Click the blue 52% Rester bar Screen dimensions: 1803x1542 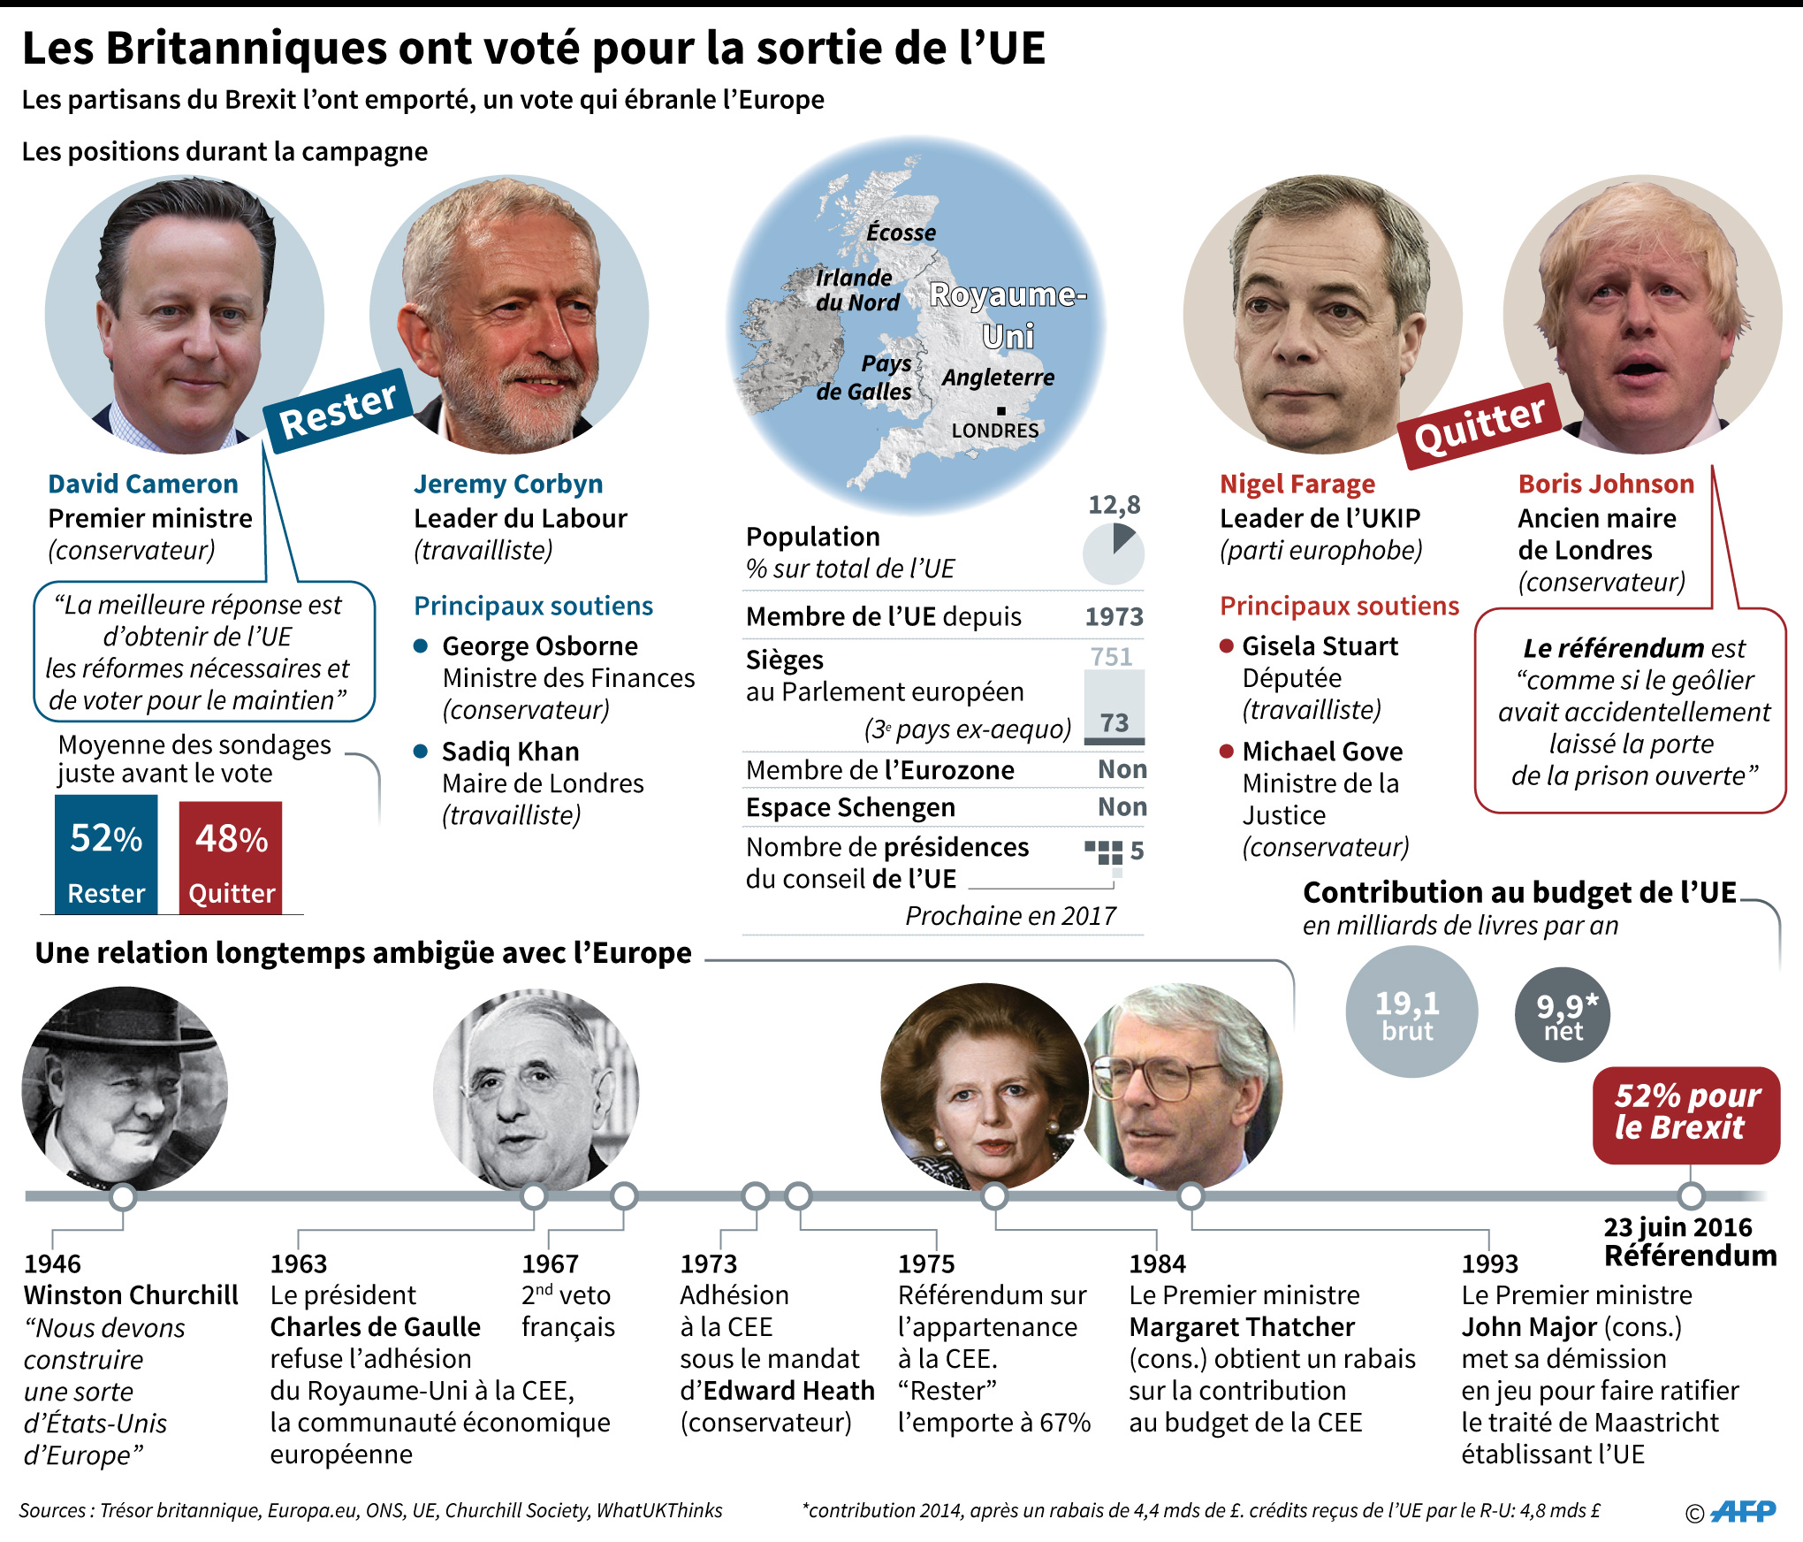coord(106,854)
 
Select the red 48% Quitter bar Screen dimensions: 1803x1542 coord(231,858)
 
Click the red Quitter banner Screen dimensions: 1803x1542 coord(1480,425)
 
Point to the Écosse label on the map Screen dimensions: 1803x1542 coord(901,233)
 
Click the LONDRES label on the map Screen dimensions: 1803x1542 coord(995,431)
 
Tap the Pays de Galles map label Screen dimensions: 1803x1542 coord(864,378)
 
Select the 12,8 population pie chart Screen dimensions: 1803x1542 coord(1114,553)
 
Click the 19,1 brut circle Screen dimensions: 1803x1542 coord(1411,1011)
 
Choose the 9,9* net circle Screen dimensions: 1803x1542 coord(1563,1014)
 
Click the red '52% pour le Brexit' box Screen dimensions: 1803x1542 coord(1686,1115)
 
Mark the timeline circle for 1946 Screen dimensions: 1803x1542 coord(123,1197)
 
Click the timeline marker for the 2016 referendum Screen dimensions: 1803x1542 coord(1691,1196)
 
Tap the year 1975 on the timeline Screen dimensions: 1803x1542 coord(926,1263)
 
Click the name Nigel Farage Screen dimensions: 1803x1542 coord(1297,484)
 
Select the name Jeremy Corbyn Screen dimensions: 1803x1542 coord(508,484)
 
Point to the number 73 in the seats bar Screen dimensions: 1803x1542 coord(1115,723)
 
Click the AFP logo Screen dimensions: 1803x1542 coord(1743,1511)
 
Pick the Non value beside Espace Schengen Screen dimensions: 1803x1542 coord(1122,806)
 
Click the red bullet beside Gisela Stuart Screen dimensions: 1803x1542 coord(1227,646)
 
